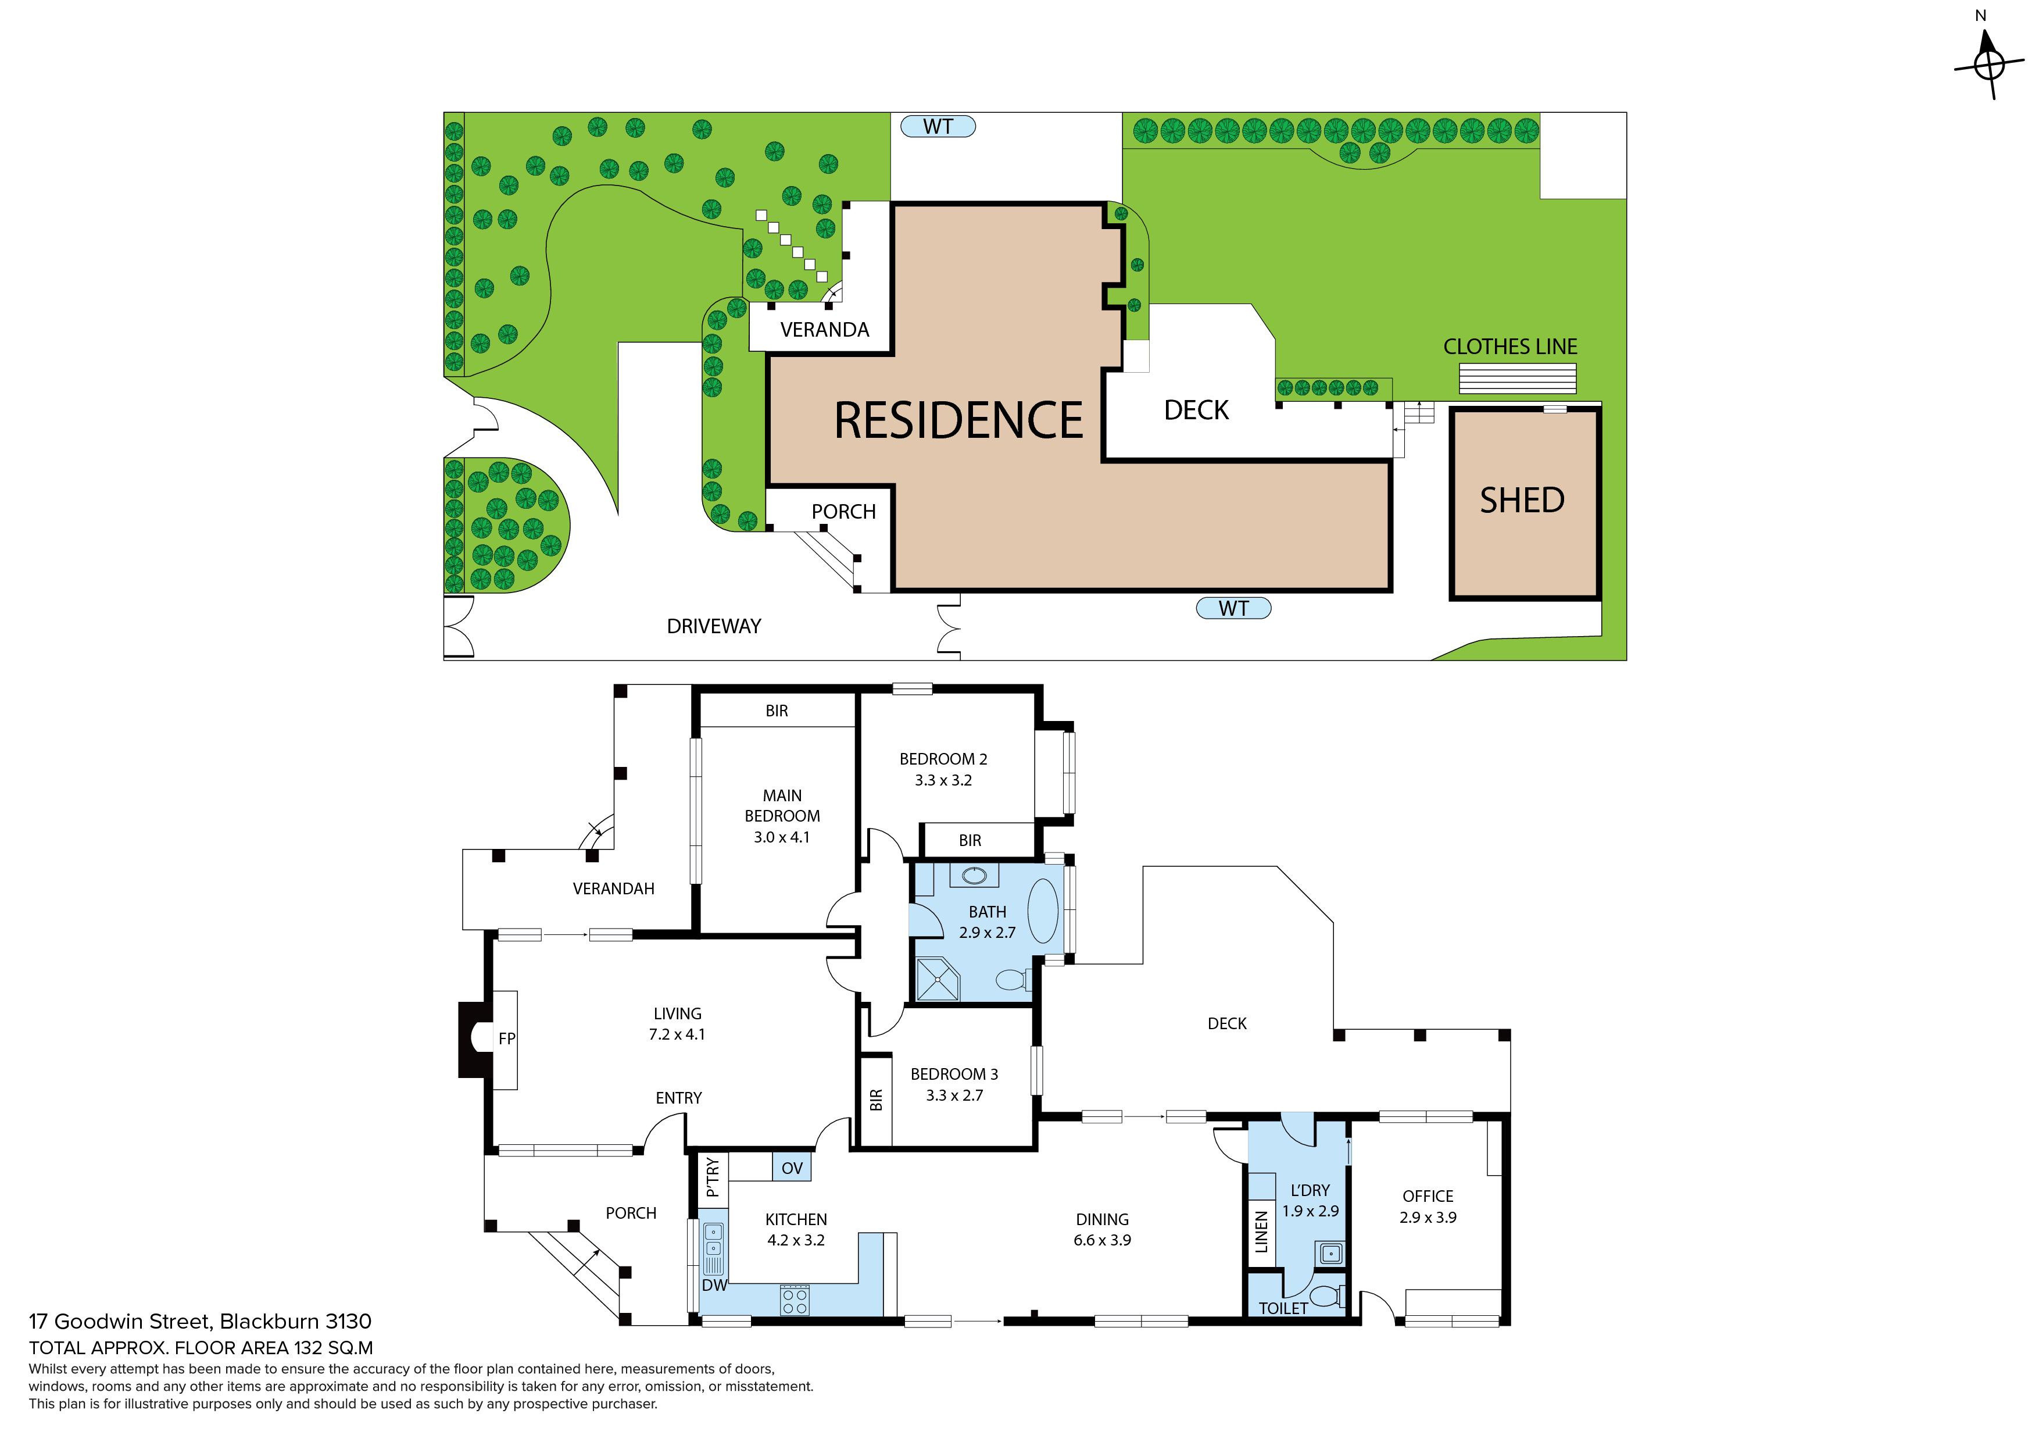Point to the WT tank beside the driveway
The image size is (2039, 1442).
[1233, 609]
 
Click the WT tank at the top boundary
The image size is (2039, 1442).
[938, 126]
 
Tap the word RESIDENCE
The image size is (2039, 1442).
[958, 420]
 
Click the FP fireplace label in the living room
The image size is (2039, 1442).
[507, 1038]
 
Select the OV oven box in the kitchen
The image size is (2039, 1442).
[791, 1168]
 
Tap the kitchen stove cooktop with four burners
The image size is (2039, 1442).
[795, 1301]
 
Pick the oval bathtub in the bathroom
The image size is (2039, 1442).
[1043, 911]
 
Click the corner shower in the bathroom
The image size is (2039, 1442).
[939, 979]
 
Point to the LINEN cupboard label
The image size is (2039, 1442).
[1261, 1232]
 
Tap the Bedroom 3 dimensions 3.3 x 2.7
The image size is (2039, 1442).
[954, 1095]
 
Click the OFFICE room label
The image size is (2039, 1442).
[1427, 1197]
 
